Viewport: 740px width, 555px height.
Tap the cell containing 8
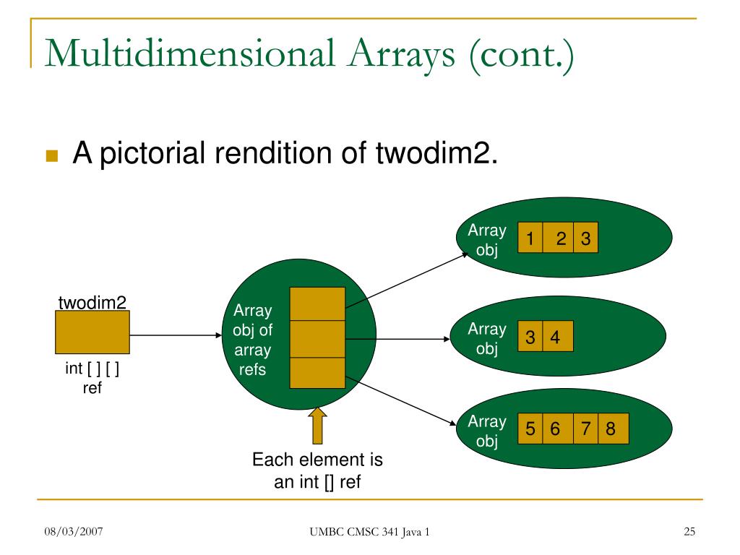click(611, 429)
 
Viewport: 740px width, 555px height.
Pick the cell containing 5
click(530, 429)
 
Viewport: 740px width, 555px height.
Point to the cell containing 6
click(556, 429)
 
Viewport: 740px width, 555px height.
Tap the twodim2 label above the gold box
click(92, 303)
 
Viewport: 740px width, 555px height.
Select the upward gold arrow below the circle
click(317, 426)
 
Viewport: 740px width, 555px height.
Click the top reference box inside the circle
click(317, 304)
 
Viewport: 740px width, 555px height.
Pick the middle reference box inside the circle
click(317, 338)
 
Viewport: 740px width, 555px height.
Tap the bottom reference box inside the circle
click(317, 372)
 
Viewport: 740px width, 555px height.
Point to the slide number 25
click(689, 533)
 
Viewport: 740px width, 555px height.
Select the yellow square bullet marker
click(51, 156)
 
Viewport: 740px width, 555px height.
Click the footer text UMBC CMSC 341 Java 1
click(369, 533)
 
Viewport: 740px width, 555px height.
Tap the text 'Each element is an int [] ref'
click(317, 470)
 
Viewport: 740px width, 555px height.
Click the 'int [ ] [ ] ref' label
click(92, 378)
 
